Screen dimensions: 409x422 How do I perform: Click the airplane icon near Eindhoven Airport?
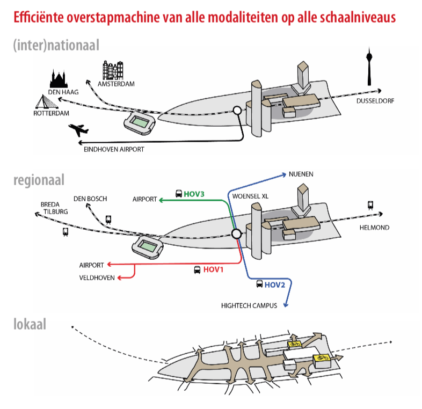pos(79,130)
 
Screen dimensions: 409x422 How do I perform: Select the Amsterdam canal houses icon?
pos(113,71)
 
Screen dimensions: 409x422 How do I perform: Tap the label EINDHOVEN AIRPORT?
pos(114,149)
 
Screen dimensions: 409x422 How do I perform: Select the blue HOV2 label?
pos(274,284)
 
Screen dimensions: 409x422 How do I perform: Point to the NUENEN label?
pos(301,174)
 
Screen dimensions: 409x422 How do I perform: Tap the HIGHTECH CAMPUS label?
pos(249,305)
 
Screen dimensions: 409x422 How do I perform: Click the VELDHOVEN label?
pos(97,277)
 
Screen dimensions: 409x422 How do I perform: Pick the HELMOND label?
pos(374,228)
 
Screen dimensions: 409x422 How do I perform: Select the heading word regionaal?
pos(39,180)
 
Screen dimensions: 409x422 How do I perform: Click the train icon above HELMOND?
pos(370,204)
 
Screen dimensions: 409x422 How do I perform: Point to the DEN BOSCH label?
pos(90,199)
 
